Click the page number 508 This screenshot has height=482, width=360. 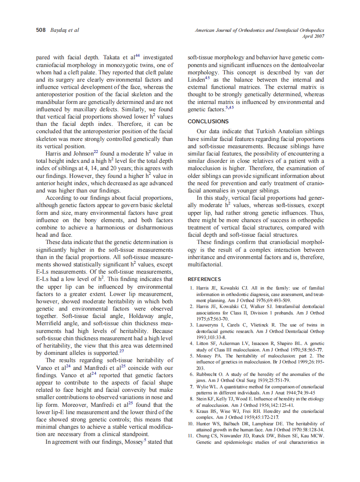(x=40, y=30)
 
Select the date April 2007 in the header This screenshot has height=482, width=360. (x=313, y=37)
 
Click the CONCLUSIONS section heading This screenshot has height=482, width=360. (x=208, y=122)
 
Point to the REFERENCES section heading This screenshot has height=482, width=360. (x=204, y=279)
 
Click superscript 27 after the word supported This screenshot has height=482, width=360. (x=122, y=351)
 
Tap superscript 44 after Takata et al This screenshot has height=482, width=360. (x=137, y=55)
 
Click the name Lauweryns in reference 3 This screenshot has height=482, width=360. (x=211, y=325)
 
